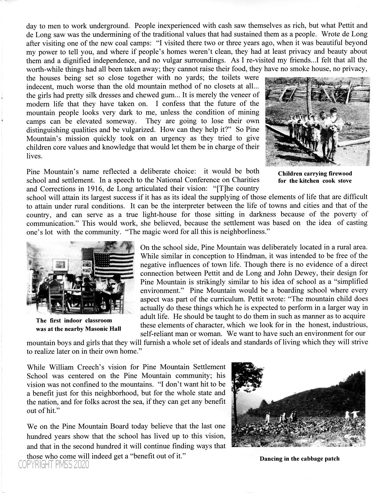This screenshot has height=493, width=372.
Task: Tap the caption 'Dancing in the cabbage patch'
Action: click(299, 458)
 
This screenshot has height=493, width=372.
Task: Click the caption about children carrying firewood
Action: click(315, 177)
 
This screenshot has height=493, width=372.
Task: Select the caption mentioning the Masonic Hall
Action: click(78, 324)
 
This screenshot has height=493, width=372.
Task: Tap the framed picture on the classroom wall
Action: click(61, 264)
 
